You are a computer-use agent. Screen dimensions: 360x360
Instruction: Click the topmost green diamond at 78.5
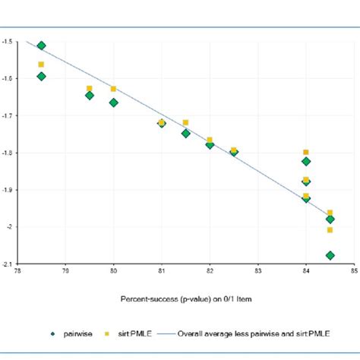click(41, 46)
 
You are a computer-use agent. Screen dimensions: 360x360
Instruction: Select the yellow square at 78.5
click(41, 65)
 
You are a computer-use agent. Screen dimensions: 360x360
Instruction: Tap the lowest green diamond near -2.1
click(330, 256)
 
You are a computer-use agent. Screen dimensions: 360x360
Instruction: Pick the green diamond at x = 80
click(113, 103)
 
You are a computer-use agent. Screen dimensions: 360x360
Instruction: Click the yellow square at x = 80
click(113, 89)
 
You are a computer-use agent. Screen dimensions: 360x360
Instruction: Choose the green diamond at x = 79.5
click(90, 96)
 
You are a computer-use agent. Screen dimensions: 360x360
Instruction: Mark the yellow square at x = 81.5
click(185, 122)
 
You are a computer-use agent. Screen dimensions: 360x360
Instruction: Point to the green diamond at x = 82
click(210, 144)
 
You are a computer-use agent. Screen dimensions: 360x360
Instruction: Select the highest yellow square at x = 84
click(306, 153)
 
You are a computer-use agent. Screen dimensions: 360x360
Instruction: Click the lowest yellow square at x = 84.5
click(330, 230)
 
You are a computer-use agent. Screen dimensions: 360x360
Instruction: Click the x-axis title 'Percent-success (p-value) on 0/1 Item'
click(185, 299)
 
